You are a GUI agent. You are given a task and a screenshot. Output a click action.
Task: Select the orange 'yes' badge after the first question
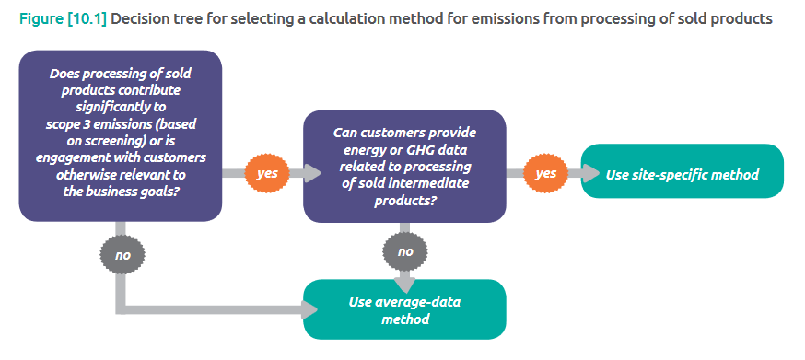[x=267, y=173]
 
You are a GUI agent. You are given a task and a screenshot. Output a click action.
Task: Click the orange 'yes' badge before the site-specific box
[x=545, y=173]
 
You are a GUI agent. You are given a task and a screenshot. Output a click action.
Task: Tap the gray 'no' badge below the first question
[x=122, y=253]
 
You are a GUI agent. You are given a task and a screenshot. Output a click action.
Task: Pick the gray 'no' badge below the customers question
[x=405, y=250]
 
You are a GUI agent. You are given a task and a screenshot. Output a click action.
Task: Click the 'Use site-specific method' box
[x=682, y=173]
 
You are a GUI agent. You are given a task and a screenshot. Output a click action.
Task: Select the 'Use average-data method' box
[x=405, y=311]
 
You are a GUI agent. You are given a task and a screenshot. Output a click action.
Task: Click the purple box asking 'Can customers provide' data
[x=405, y=166]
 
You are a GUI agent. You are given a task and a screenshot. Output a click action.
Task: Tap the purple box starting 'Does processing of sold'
[x=121, y=136]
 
